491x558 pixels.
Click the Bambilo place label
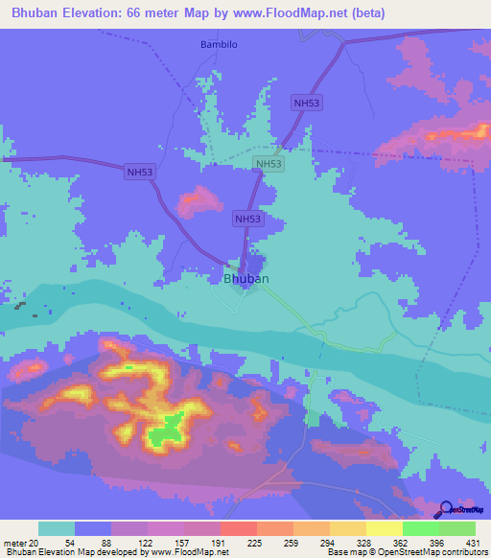pos(218,44)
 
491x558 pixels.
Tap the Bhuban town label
pos(245,279)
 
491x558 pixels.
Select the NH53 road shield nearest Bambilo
pos(307,103)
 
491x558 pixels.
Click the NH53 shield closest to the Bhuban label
pos(247,220)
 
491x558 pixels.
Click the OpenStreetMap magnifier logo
pos(446,510)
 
